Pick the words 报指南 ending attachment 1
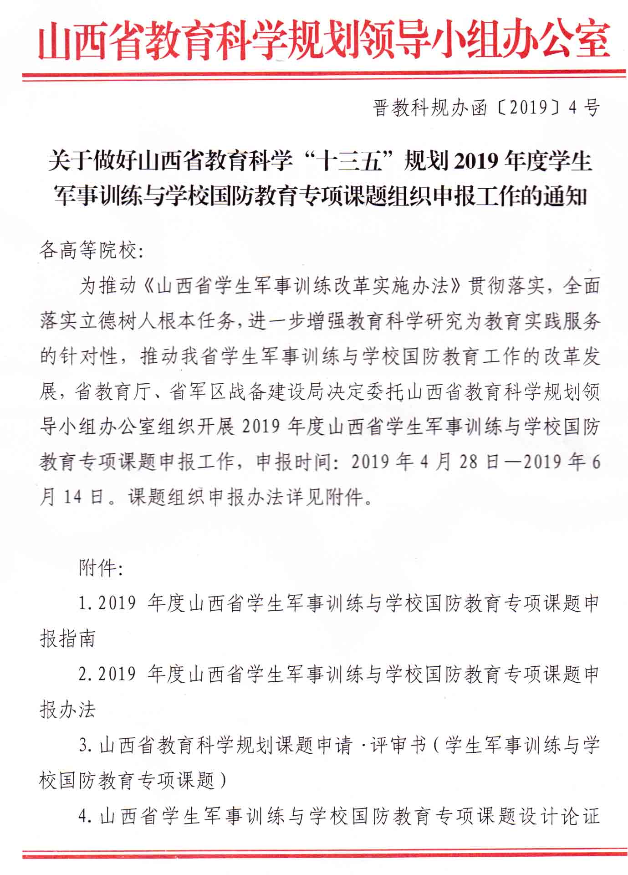click(x=68, y=639)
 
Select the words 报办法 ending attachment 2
click(x=68, y=710)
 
